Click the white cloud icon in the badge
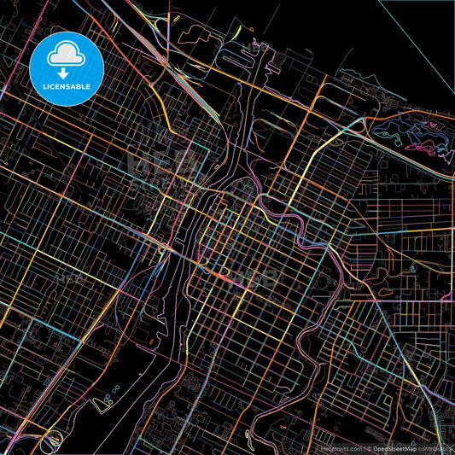pyautogui.click(x=66, y=55)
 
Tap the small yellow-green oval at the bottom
pyautogui.click(x=248, y=435)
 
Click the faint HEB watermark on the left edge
pyautogui.click(x=65, y=278)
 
